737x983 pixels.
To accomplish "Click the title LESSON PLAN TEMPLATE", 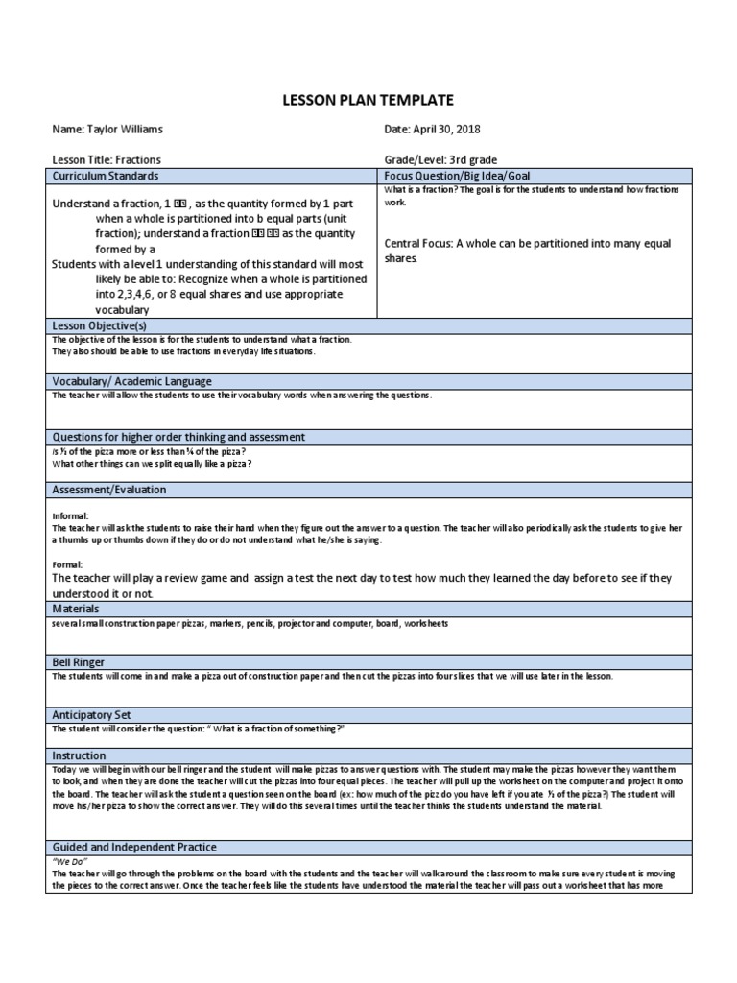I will click(x=368, y=100).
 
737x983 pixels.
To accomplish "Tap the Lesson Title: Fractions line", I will click(x=107, y=160).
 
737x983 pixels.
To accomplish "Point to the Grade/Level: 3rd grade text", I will click(x=440, y=160).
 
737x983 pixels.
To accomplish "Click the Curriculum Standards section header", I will click(x=106, y=177).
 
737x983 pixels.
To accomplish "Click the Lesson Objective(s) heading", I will click(x=99, y=326).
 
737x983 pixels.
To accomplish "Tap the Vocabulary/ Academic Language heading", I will click(x=132, y=382).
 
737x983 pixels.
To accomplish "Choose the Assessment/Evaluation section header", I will click(x=109, y=490).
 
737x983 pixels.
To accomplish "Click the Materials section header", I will click(x=79, y=609).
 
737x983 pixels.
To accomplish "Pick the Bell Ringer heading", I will click(x=79, y=662).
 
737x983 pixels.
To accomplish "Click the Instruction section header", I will click(x=80, y=756).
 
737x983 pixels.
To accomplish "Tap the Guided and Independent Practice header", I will click(x=134, y=848).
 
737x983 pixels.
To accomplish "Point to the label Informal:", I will click(x=71, y=516).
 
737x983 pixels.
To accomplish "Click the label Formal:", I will click(x=68, y=564).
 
